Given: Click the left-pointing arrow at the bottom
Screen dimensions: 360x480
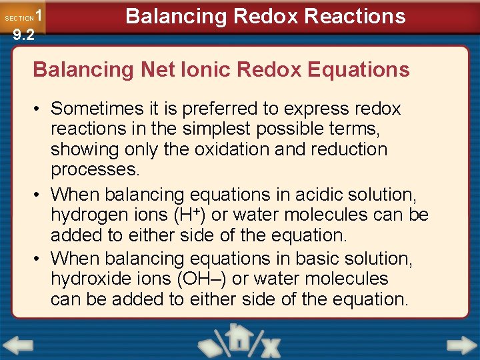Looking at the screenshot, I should coord(17,345).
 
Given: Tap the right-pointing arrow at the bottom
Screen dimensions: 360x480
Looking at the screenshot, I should coord(461,345).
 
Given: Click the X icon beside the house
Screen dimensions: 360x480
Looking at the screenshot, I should coord(270,345).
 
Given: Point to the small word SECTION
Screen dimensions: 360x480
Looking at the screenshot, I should coord(19,18).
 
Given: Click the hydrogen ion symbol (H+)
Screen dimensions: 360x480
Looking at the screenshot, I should coord(181,215).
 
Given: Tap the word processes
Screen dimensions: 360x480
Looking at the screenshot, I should coord(95,169).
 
